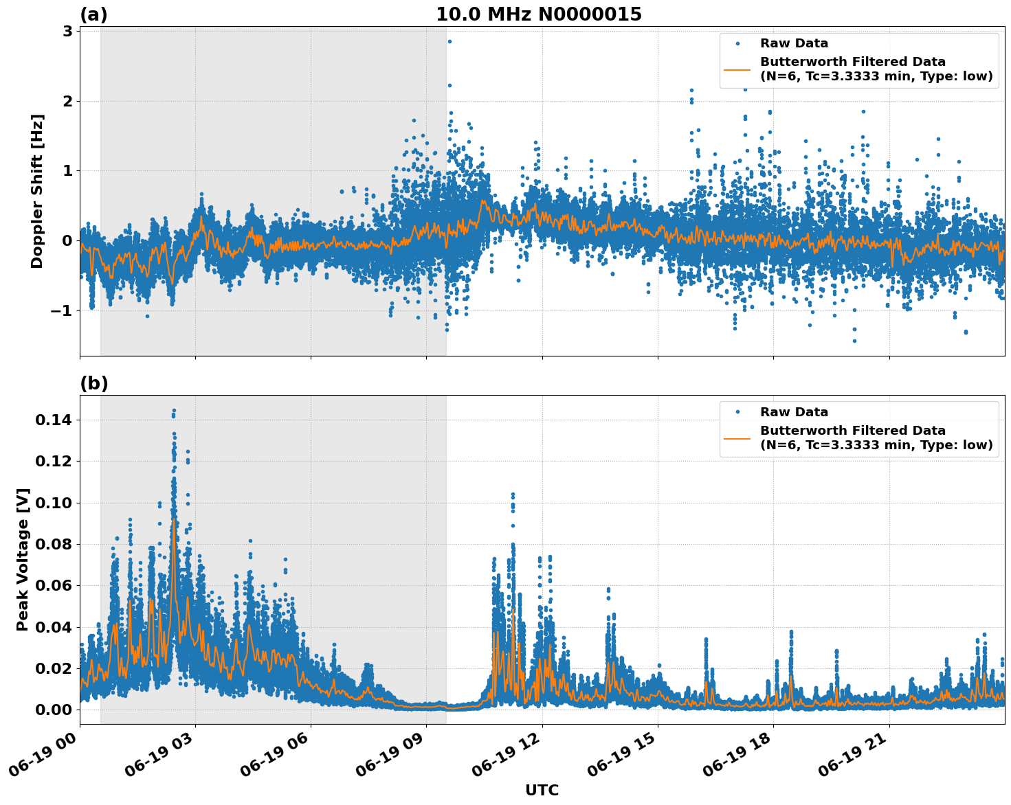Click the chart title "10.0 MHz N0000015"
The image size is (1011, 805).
[538, 14]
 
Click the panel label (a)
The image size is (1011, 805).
[93, 14]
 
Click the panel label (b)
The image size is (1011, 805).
[93, 383]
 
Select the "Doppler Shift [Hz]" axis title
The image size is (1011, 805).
[37, 191]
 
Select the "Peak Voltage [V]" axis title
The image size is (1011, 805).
[23, 559]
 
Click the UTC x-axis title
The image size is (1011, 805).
[542, 790]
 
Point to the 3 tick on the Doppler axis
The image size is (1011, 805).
[67, 32]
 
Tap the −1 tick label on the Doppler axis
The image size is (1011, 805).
[58, 310]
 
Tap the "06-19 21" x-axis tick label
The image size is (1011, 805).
[852, 754]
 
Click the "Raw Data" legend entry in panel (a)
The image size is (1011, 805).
[794, 44]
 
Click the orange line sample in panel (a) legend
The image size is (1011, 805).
[737, 69]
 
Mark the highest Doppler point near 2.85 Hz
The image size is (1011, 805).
[449, 41]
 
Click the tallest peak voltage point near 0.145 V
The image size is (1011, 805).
[174, 411]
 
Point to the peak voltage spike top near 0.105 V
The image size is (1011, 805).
[512, 494]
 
